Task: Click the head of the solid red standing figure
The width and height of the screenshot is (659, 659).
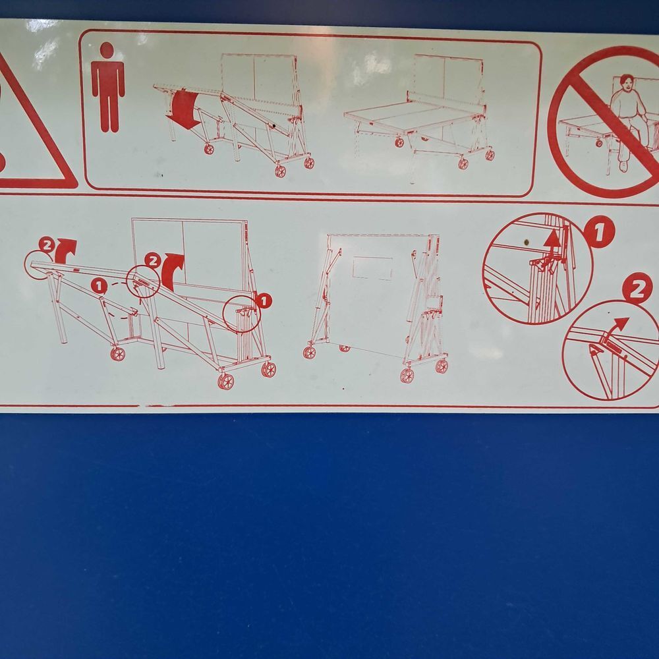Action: click(x=107, y=49)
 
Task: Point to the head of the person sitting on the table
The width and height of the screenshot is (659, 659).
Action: click(x=627, y=84)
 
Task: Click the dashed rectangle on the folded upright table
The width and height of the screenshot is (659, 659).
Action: click(x=372, y=268)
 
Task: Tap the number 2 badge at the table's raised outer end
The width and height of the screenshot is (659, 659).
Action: click(x=46, y=244)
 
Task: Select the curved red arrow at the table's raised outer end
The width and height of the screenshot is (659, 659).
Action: click(x=65, y=250)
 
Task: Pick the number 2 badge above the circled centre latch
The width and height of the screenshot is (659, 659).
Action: click(x=153, y=260)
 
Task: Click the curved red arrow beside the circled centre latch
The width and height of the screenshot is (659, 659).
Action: click(x=172, y=271)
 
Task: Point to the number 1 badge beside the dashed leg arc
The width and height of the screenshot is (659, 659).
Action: click(x=99, y=286)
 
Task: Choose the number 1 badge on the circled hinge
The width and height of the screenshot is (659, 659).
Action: click(x=264, y=301)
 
